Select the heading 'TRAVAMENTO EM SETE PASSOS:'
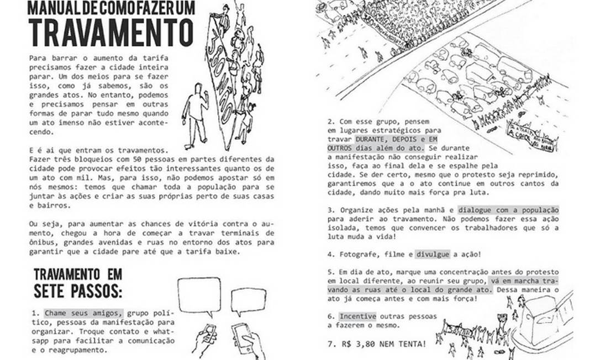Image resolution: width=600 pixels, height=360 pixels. click(78, 283)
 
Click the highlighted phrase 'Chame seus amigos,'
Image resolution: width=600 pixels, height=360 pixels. click(83, 311)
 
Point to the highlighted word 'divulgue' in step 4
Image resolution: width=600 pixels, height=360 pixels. click(434, 254)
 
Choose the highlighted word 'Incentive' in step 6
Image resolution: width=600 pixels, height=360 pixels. click(357, 316)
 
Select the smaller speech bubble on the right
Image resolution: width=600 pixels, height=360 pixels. click(248, 301)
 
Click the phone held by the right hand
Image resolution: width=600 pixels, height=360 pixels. click(242, 335)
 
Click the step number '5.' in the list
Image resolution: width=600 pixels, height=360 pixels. click(331, 272)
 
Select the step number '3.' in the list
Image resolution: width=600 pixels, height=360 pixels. click(331, 210)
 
